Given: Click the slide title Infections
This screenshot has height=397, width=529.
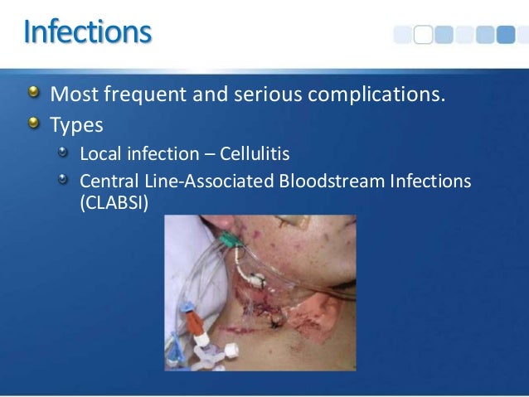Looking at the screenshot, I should point(88,32).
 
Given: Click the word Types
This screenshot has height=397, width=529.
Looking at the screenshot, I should point(76,126).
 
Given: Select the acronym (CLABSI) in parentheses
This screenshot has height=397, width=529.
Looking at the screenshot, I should point(113,201).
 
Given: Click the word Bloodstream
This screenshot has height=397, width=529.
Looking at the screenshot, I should point(323,180).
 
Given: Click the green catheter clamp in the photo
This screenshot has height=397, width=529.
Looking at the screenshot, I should point(230,241).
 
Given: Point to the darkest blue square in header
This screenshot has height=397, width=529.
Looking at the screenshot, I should point(507,34).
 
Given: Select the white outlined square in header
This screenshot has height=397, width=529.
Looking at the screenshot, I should point(423,34).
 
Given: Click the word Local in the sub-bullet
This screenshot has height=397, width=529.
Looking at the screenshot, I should point(98,154).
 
